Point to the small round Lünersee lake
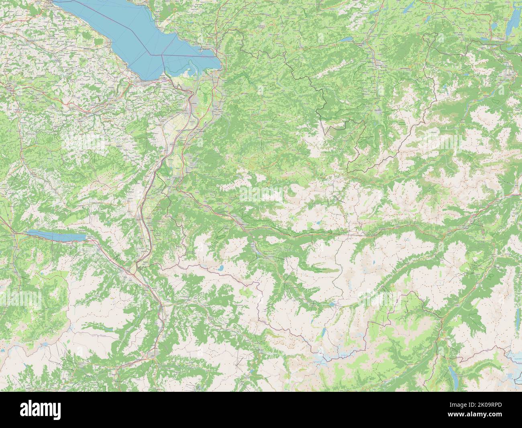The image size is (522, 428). [220, 268]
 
